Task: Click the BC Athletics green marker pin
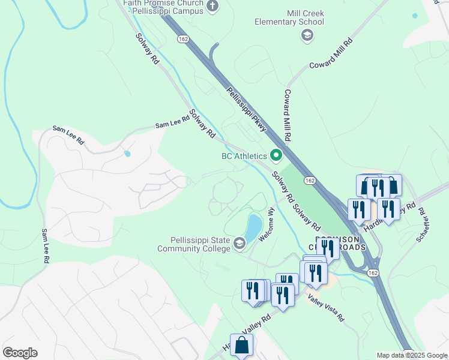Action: (276, 156)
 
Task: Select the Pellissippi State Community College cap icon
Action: (239, 242)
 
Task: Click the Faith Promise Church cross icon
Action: (212, 6)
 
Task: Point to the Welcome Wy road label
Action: (267, 224)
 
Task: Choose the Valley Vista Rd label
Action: (327, 307)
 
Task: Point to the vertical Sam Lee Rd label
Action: (45, 246)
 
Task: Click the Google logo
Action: (20, 353)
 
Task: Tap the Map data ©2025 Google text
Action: (411, 355)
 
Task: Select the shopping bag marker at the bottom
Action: (241, 346)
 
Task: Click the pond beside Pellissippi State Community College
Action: (253, 227)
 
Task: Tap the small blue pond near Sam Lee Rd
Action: (127, 154)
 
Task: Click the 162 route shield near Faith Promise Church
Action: (183, 38)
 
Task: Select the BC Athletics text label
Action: (244, 156)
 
